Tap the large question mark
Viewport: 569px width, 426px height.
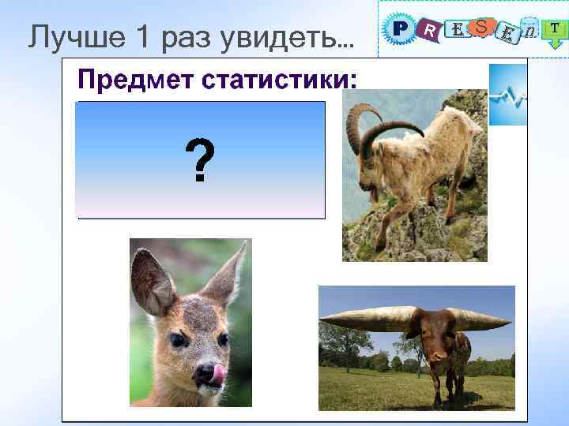[199, 160]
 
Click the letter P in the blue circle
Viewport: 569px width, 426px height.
[401, 29]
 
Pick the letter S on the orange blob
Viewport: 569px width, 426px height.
[481, 27]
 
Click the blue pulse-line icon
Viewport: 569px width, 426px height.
[507, 95]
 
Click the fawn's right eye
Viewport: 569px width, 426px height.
[223, 339]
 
